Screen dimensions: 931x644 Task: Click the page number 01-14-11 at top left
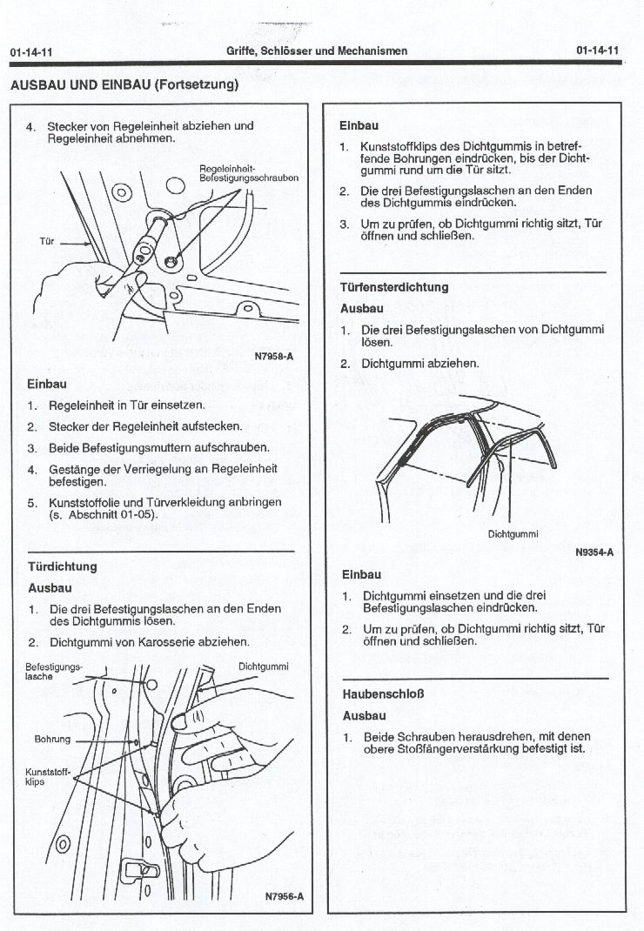tap(31, 52)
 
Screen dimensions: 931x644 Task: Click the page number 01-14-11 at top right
tap(597, 50)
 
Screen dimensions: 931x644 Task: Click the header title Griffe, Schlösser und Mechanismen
tap(317, 51)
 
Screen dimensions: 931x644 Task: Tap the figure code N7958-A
tap(274, 355)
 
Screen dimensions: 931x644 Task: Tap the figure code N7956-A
tap(284, 897)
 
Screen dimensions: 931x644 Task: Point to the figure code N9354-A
tap(594, 552)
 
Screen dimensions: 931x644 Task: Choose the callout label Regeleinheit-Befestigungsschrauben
tap(249, 172)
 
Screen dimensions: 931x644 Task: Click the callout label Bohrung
tap(51, 739)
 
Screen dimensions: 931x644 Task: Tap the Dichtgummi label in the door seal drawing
tap(263, 666)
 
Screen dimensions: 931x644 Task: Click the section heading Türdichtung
tap(63, 566)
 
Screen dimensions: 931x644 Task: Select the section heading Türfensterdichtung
tap(394, 287)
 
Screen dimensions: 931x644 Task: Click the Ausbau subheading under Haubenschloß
tap(365, 716)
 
